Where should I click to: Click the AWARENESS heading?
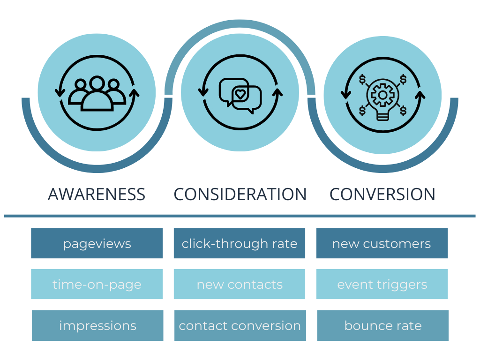[97, 194]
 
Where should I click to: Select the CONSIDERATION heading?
[240, 194]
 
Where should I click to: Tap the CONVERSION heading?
[382, 194]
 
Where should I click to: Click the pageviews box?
[97, 243]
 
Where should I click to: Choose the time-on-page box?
[97, 284]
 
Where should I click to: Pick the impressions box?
[97, 325]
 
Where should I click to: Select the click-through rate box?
[240, 243]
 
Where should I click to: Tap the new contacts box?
[240, 284]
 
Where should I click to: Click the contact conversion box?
[240, 325]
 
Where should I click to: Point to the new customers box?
[382, 243]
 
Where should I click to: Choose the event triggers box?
[382, 284]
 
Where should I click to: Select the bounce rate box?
[383, 325]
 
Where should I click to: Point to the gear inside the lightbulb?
[382, 95]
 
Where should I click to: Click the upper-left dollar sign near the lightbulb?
[363, 79]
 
